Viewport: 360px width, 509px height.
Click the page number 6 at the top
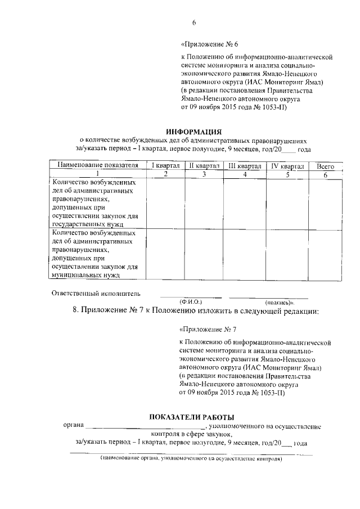(193, 22)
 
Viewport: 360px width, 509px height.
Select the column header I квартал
(165, 166)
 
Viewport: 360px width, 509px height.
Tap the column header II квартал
(204, 166)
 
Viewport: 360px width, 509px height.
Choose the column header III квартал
(245, 166)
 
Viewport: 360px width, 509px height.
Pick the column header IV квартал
(287, 166)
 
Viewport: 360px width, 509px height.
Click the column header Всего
(325, 166)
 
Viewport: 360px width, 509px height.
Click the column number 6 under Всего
(325, 174)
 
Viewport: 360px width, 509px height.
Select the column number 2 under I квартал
(165, 174)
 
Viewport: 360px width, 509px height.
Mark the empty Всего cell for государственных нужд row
(325, 203)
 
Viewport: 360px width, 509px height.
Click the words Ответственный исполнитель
(96, 293)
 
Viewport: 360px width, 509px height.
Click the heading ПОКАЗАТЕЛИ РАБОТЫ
(191, 417)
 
